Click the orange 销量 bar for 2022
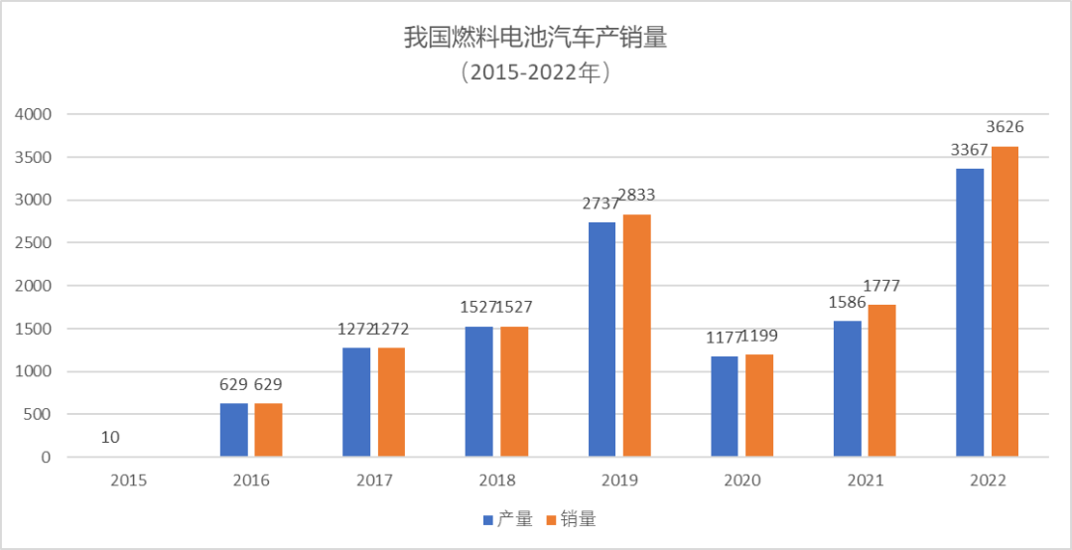[x=1005, y=302]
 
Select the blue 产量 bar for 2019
[x=602, y=340]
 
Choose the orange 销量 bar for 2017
[x=391, y=402]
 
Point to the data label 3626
[x=1005, y=127]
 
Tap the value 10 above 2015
[x=110, y=438]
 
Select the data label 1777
[x=881, y=286]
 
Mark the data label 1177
[x=725, y=337]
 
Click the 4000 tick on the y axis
[x=32, y=114]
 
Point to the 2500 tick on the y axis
[x=32, y=243]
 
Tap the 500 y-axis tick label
[x=37, y=415]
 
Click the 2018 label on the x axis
[x=497, y=481]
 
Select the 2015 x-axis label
[x=129, y=481]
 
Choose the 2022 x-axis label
[x=989, y=481]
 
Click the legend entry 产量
[x=507, y=519]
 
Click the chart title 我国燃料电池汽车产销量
[x=535, y=38]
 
